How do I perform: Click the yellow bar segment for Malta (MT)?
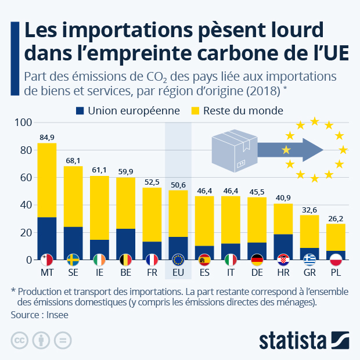click(47, 180)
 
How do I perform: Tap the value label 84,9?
click(47, 137)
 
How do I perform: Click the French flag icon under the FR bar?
click(152, 259)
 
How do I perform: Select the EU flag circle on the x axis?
click(178, 259)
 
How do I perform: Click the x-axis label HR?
click(283, 272)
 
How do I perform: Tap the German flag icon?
click(257, 259)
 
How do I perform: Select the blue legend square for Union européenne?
click(80, 110)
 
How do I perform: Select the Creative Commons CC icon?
click(19, 340)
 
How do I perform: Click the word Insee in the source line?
click(60, 314)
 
